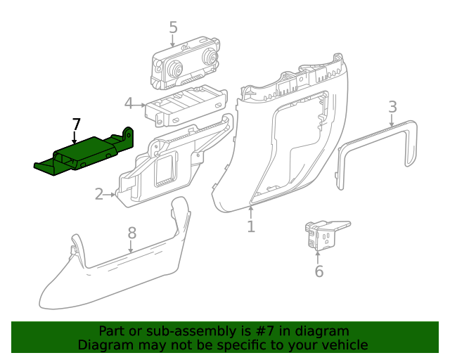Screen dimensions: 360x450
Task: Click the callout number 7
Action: (x=77, y=124)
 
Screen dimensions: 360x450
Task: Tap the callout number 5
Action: (x=174, y=27)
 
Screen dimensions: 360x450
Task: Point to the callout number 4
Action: (x=129, y=104)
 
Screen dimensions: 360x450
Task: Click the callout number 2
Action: (x=99, y=193)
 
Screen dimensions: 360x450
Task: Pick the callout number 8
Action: (x=131, y=233)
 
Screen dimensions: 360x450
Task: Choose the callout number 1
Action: (x=251, y=226)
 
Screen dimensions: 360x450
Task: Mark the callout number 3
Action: (x=392, y=106)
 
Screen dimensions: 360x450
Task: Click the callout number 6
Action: (x=319, y=271)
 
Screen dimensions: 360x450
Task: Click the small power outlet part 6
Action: (x=323, y=235)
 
